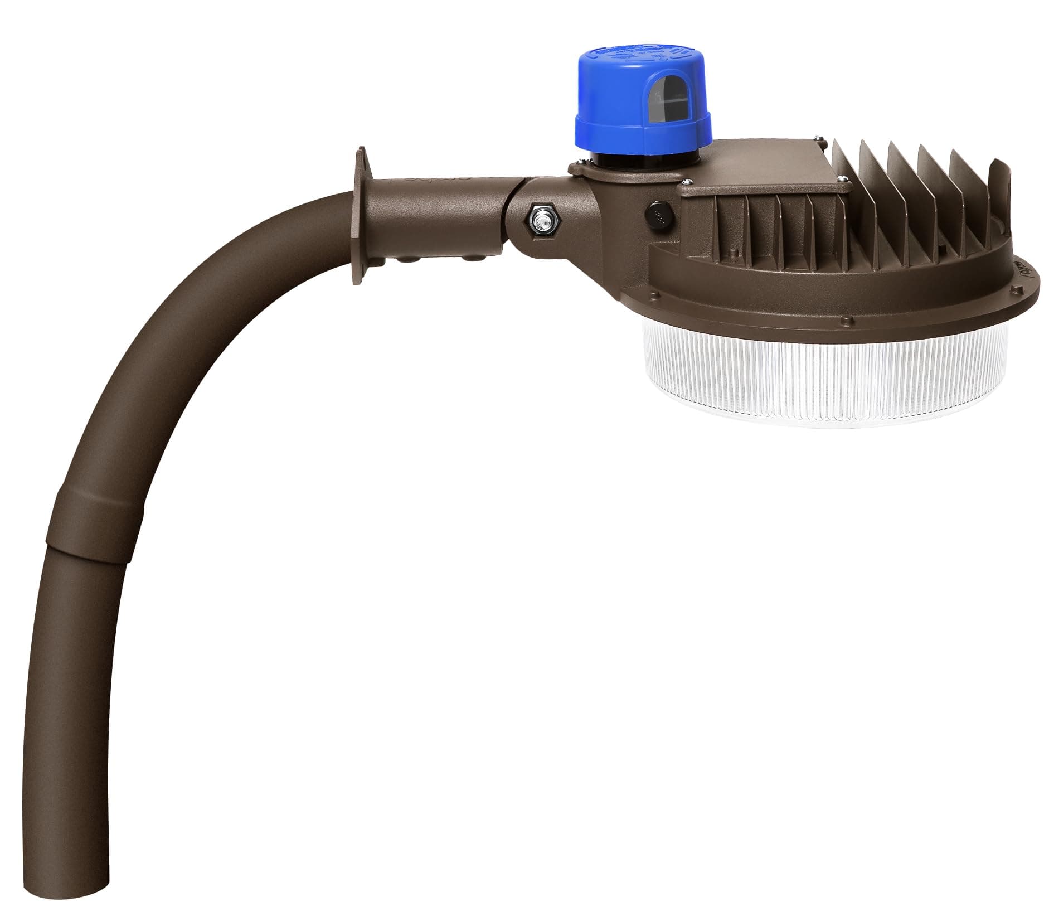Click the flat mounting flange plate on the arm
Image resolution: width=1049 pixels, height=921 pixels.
[x=360, y=217]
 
